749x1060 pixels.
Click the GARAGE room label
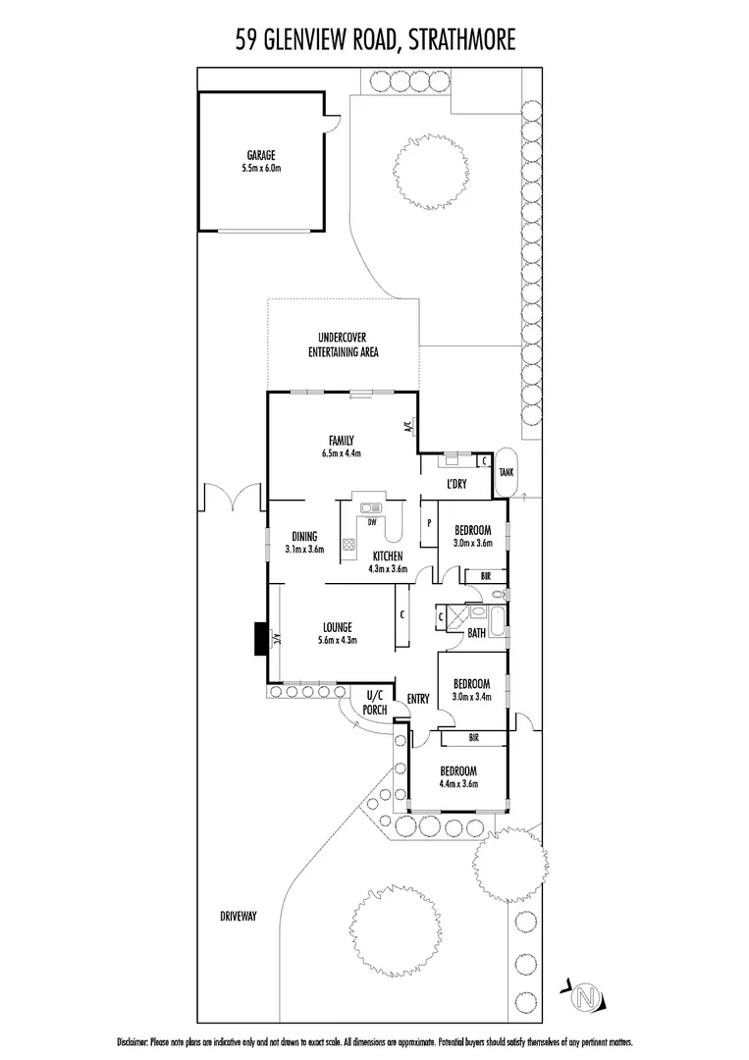(x=260, y=155)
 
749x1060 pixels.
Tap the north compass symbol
(x=587, y=998)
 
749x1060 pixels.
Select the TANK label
(x=507, y=472)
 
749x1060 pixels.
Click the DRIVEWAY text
(x=239, y=916)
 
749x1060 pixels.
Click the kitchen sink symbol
(x=371, y=507)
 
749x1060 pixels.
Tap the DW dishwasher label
(x=372, y=522)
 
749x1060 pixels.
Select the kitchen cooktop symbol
(x=348, y=545)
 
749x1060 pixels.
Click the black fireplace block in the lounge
(x=260, y=639)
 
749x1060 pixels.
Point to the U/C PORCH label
(x=374, y=704)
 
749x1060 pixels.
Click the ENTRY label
(x=417, y=699)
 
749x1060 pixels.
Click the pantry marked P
(x=429, y=523)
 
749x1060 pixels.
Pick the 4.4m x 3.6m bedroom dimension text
(x=457, y=783)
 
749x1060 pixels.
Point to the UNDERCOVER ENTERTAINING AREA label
(x=343, y=344)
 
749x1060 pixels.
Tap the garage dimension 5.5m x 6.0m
(x=260, y=169)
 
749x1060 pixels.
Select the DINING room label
(x=304, y=536)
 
